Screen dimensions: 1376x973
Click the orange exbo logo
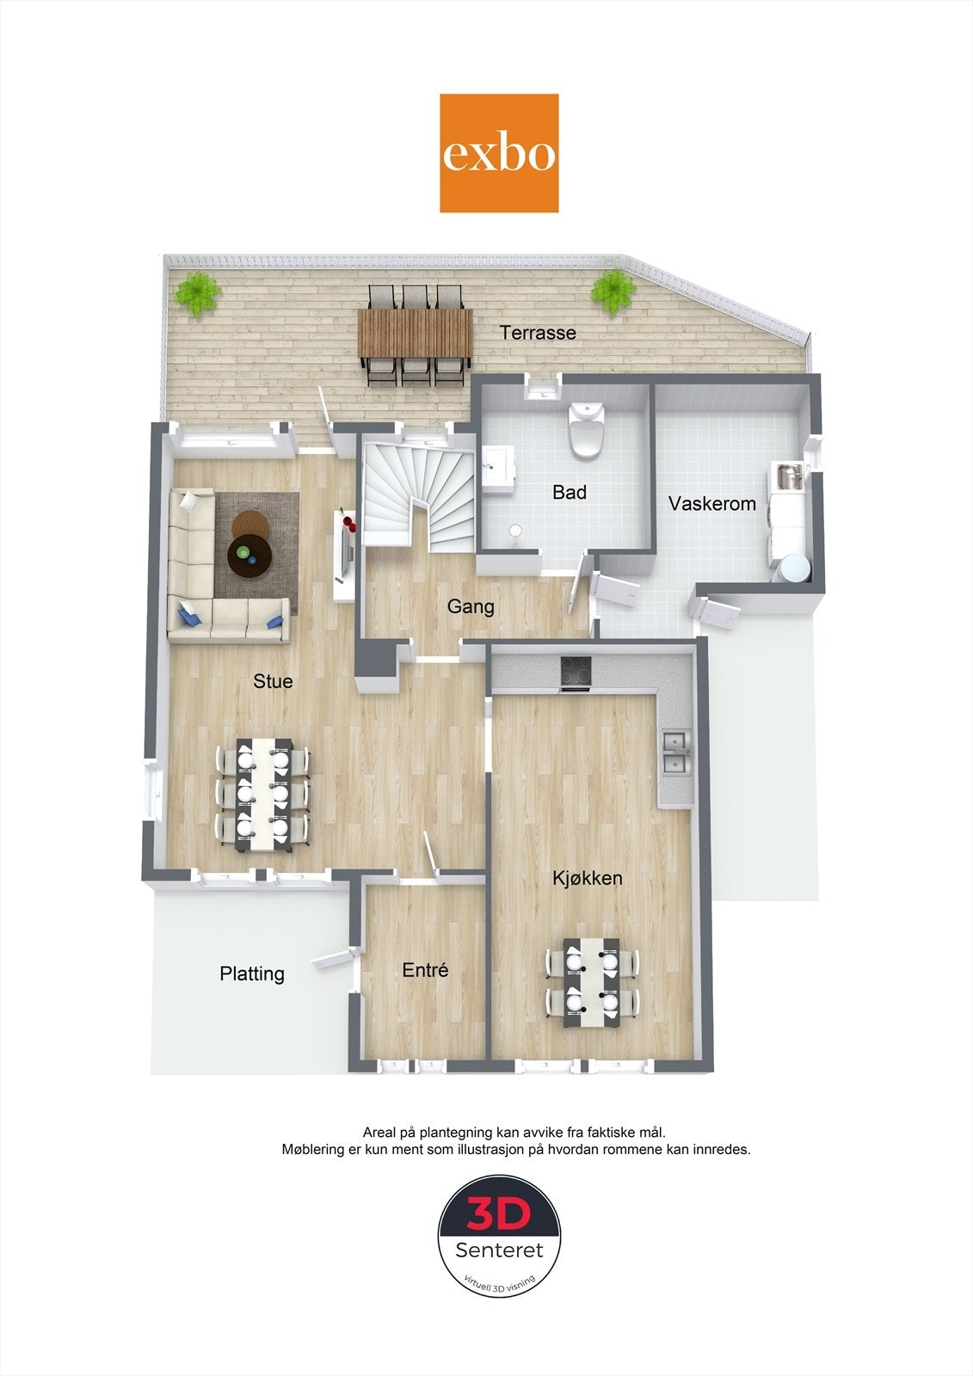click(499, 153)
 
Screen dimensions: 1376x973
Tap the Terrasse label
click(539, 333)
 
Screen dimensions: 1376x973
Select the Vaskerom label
click(712, 504)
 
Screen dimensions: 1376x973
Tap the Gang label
click(471, 607)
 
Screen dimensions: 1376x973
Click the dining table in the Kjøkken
click(592, 981)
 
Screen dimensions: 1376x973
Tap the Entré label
click(425, 970)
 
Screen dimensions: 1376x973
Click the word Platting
click(252, 974)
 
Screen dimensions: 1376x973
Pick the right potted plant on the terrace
click(613, 291)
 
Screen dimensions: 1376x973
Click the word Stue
click(273, 681)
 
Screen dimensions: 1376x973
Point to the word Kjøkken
click(588, 878)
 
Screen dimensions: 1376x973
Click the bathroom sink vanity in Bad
click(496, 469)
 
